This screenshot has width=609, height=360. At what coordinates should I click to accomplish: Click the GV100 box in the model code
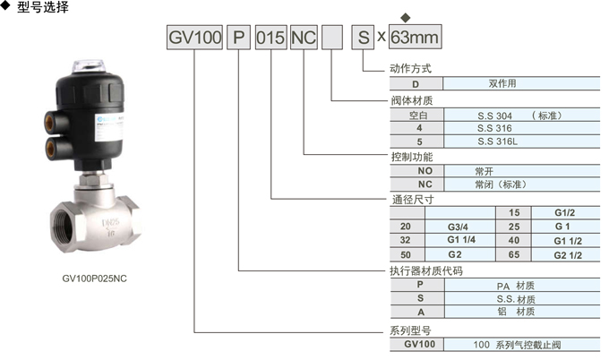click(x=194, y=38)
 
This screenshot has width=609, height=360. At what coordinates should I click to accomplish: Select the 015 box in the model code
click(x=270, y=38)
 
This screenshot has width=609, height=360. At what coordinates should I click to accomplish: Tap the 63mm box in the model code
click(x=416, y=37)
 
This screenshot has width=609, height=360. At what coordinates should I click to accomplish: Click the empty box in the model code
click(x=332, y=38)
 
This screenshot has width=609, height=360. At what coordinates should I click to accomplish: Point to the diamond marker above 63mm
click(x=405, y=18)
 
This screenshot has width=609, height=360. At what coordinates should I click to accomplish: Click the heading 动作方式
click(x=410, y=69)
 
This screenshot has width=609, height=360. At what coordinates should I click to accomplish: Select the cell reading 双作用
click(x=521, y=83)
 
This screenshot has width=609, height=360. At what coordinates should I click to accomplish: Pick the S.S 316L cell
click(x=521, y=141)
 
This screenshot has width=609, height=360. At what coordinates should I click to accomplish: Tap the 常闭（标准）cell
click(x=522, y=184)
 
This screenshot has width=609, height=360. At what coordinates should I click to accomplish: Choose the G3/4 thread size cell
click(x=460, y=227)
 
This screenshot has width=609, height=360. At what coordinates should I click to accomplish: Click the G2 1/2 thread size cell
click(x=566, y=255)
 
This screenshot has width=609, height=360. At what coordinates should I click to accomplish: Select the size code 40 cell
click(x=514, y=240)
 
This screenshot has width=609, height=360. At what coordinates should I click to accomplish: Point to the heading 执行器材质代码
click(x=426, y=271)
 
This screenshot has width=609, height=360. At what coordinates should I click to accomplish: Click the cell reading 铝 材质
click(x=522, y=312)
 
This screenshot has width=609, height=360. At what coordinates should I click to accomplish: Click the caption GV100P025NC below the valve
click(x=94, y=279)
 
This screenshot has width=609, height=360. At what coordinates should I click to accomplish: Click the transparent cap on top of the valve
click(x=90, y=66)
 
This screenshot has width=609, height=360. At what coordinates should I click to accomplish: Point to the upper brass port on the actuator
click(x=50, y=122)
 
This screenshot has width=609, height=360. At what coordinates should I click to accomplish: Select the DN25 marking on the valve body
click(x=111, y=223)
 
